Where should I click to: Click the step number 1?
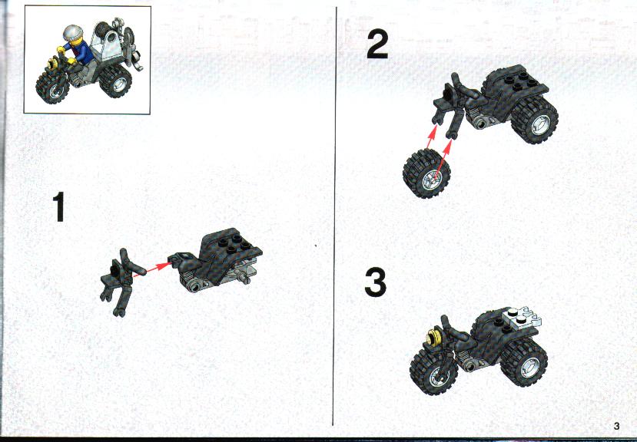pyautogui.click(x=59, y=207)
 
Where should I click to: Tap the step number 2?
pyautogui.click(x=378, y=45)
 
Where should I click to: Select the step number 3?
pyautogui.click(x=376, y=283)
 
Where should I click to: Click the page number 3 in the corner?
pyautogui.click(x=617, y=426)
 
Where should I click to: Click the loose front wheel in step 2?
pyautogui.click(x=426, y=173)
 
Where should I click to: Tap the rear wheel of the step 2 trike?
pyautogui.click(x=535, y=120)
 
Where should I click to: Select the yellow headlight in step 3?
pyautogui.click(x=434, y=338)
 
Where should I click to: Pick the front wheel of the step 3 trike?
pyautogui.click(x=433, y=371)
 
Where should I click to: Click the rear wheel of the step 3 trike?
pyautogui.click(x=524, y=362)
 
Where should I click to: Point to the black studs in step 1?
pyautogui.click(x=234, y=242)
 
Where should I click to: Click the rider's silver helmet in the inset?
pyautogui.click(x=73, y=32)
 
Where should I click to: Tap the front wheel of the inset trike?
pyautogui.click(x=53, y=87)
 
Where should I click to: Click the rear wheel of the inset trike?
pyautogui.click(x=116, y=81)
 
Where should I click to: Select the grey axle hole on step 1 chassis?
pyautogui.click(x=196, y=287)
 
